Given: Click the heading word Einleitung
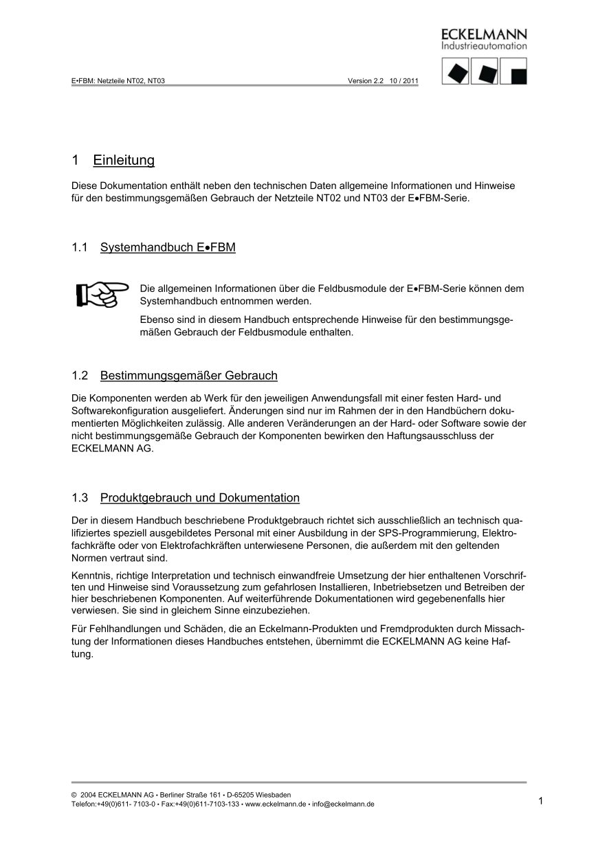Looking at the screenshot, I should pos(124,161).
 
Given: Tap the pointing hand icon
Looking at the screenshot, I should pos(102,294).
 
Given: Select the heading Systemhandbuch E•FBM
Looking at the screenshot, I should pos(168,247).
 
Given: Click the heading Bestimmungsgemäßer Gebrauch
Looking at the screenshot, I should pos(188,376).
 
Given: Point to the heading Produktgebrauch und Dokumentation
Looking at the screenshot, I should pos(199,498).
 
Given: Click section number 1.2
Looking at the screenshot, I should pos(80,376).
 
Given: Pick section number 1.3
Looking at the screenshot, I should pos(80,498).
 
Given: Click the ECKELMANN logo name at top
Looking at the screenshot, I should pos(484,34).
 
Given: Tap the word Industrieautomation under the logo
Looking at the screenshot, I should pos(484,47).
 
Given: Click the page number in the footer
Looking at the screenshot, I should pos(541,800).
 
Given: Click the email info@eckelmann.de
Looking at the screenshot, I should pos(343,804).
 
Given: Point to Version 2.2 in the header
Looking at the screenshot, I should pos(365,80).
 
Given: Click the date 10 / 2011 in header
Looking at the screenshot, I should pos(404,80).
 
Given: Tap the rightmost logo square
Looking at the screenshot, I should pos(513,71).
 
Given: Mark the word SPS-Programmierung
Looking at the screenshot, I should pos(419,533).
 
